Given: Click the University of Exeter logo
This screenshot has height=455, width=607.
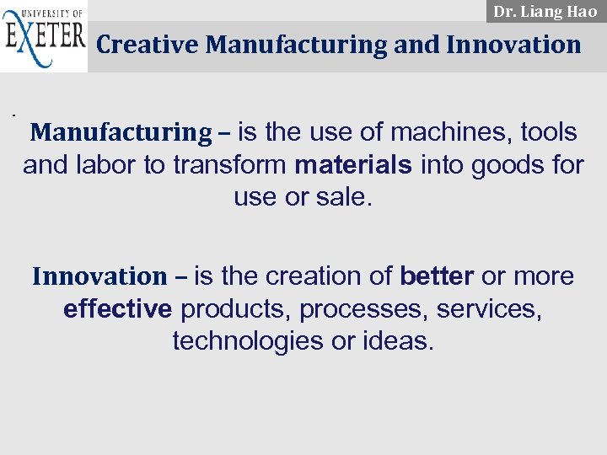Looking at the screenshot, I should (x=44, y=37).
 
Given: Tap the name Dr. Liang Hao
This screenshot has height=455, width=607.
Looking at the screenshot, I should (x=545, y=12).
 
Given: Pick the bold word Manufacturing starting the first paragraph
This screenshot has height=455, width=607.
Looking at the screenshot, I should (x=121, y=132).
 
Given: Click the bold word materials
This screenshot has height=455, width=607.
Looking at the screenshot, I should (x=354, y=164).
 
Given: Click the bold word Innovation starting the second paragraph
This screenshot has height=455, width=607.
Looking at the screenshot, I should (x=99, y=276).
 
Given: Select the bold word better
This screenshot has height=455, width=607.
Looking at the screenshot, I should (x=437, y=276).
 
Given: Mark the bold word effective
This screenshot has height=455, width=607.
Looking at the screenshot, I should (x=117, y=308).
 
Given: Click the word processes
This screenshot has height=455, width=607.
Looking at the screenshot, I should (x=364, y=309).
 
